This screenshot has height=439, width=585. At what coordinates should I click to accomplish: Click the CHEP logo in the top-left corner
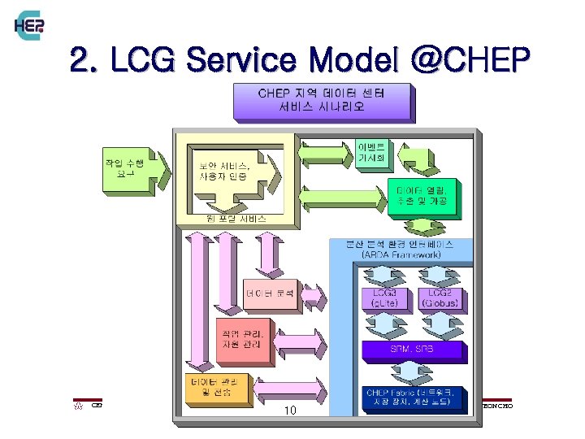pos(29,26)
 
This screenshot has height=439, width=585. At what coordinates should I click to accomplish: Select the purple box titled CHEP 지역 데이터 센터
pos(320,99)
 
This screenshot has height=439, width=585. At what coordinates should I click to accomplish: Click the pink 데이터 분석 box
pos(271,290)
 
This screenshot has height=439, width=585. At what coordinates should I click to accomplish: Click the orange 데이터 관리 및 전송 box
pos(216,387)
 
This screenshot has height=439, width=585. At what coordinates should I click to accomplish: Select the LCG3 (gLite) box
pos(383,298)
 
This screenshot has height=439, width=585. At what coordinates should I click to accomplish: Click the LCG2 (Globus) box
pos(441,298)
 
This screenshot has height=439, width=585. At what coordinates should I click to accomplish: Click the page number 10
pos(290,411)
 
